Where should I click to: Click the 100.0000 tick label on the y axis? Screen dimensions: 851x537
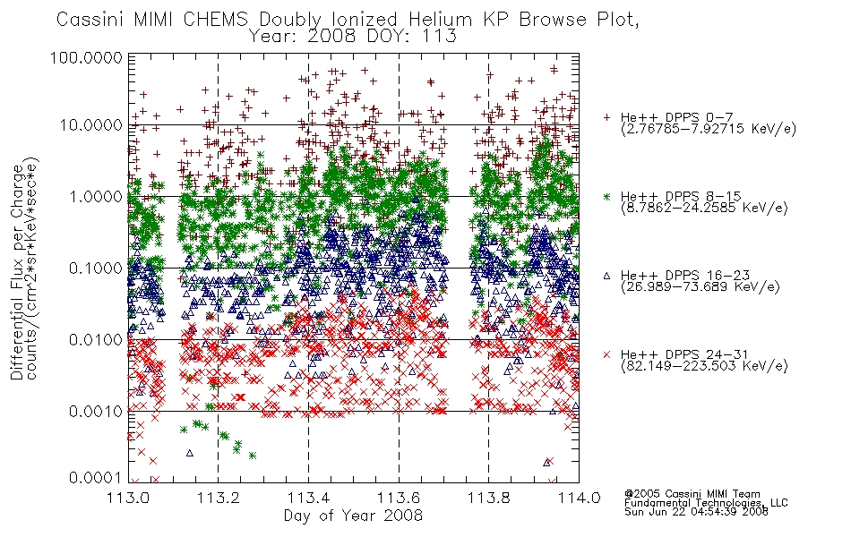click(86, 57)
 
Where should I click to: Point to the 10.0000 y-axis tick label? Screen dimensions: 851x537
click(90, 125)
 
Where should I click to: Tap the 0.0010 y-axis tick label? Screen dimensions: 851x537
click(96, 412)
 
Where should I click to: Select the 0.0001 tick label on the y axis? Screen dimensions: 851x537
click(96, 478)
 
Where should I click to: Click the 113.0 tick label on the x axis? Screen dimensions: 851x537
click(129, 498)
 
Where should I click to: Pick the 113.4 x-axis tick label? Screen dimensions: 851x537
click(309, 498)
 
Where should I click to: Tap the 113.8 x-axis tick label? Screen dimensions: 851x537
click(488, 498)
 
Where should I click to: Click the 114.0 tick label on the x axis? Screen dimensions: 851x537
click(579, 498)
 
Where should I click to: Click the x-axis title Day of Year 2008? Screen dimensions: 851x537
click(353, 516)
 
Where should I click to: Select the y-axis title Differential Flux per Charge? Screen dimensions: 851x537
click(17, 272)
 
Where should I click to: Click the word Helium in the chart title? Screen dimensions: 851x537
click(440, 20)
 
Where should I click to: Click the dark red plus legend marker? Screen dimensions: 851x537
click(607, 117)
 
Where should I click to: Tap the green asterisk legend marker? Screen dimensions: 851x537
click(607, 196)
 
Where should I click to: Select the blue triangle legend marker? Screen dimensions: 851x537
click(607, 276)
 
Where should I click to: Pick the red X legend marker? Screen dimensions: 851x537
click(607, 354)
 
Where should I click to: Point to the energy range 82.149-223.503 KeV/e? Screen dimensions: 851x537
click(704, 366)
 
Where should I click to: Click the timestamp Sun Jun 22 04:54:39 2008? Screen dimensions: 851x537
click(696, 512)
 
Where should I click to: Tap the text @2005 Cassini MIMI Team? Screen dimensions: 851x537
click(692, 494)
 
